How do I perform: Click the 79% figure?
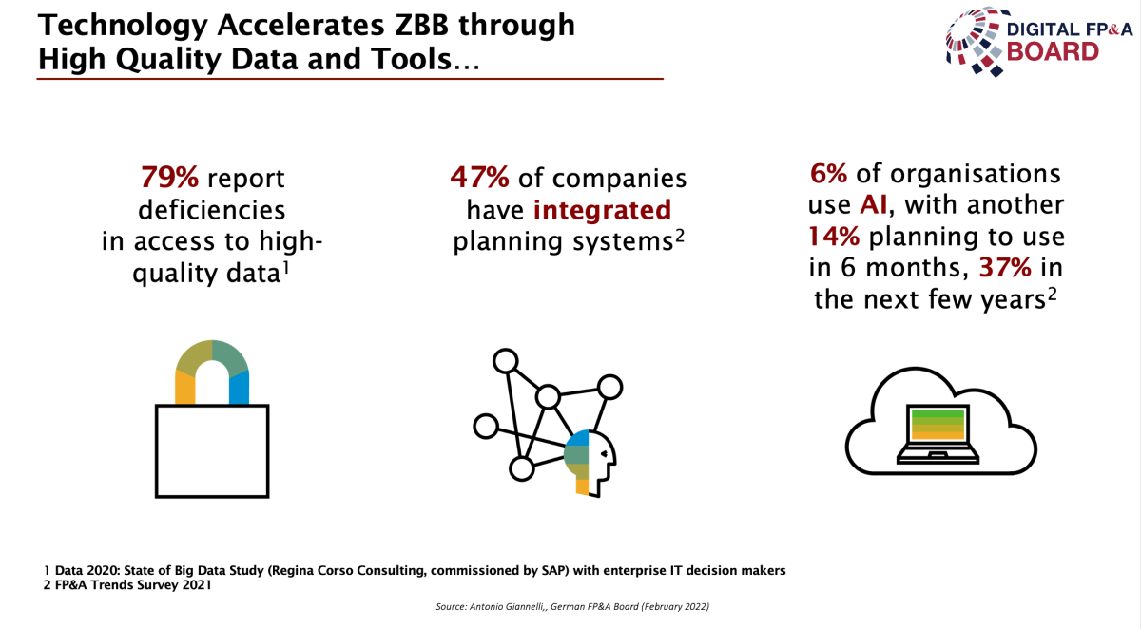coord(169,178)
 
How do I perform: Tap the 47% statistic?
coord(479,178)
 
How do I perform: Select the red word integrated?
coord(602,211)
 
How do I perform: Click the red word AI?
coord(874,204)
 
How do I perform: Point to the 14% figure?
coord(834,237)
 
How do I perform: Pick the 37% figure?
coord(1005,268)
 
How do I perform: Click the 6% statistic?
coord(829,174)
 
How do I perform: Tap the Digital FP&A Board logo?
coord(1039,42)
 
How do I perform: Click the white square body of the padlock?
coord(212,451)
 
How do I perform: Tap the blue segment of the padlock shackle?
coord(239,387)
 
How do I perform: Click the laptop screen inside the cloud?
coord(938,425)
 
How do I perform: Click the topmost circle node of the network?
coord(505,361)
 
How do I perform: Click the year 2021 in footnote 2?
coord(197,585)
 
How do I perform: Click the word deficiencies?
coord(211,210)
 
